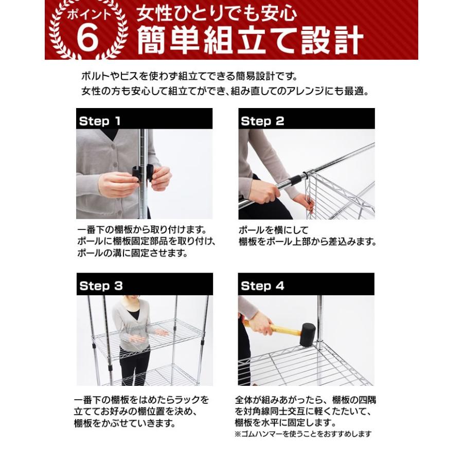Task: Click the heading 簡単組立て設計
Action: pos(250,40)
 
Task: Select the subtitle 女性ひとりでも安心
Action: pos(217,14)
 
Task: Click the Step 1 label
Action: pos(100,121)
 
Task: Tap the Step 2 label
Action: pos(262,121)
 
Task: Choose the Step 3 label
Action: pos(101,286)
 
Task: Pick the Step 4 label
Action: pos(262,286)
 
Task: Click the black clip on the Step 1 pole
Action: pos(143,173)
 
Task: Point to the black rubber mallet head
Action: pos(308,334)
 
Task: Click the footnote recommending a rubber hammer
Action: pos(303,434)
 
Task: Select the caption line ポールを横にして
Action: pos(273,230)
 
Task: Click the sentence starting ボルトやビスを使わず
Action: pos(189,77)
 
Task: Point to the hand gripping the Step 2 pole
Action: pos(264,192)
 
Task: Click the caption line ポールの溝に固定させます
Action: pos(132,253)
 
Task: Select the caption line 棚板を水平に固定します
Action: pos(285,422)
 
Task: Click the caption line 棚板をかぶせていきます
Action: pos(124,423)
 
